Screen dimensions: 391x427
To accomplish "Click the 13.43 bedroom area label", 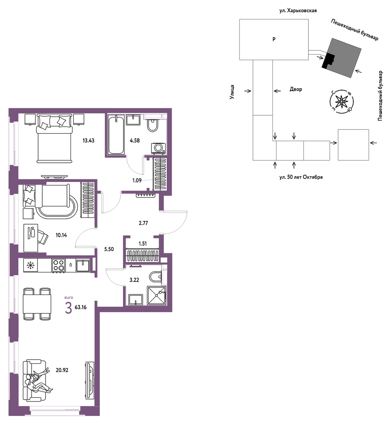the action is click(88, 140).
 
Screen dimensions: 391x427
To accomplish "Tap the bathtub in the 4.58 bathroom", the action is click(116, 135).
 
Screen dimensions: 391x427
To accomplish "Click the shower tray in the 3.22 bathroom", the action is click(156, 295).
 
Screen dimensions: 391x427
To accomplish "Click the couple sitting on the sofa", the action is click(38, 381).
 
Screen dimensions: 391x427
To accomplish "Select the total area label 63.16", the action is click(80, 307).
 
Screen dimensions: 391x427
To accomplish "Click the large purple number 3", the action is click(68, 308).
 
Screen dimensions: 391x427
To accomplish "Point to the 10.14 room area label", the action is click(61, 235).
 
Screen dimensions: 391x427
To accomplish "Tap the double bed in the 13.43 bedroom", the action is click(54, 139).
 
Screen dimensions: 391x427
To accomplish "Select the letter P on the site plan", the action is click(274, 39).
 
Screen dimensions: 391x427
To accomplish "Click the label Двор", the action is click(296, 89).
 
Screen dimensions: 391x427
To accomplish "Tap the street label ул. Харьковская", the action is click(298, 11).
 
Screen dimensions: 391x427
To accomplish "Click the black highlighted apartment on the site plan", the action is click(328, 61).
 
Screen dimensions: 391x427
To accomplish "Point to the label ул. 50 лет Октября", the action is click(301, 177).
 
